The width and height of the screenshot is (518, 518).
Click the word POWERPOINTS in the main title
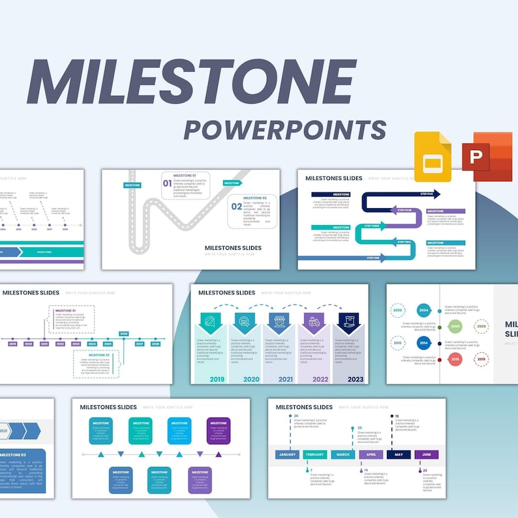(284, 129)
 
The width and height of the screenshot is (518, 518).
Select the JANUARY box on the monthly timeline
(287, 455)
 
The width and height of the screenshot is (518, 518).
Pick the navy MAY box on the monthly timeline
(399, 455)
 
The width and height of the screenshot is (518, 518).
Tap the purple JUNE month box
(426, 455)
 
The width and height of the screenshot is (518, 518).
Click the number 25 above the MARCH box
(359, 428)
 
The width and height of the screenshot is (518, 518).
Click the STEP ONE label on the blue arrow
(373, 258)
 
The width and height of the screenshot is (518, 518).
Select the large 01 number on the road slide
(167, 183)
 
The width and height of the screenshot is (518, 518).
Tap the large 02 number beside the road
(236, 206)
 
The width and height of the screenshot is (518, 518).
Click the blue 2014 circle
(423, 343)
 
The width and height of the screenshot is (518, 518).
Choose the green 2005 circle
(455, 326)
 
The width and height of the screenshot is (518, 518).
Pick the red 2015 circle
(455, 359)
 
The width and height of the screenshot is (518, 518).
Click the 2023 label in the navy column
(355, 379)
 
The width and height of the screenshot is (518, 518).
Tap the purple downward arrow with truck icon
(314, 322)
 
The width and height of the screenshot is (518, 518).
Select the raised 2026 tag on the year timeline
(123, 333)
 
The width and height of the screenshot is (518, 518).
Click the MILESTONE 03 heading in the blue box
(13, 455)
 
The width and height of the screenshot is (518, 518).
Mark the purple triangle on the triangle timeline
(219, 454)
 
